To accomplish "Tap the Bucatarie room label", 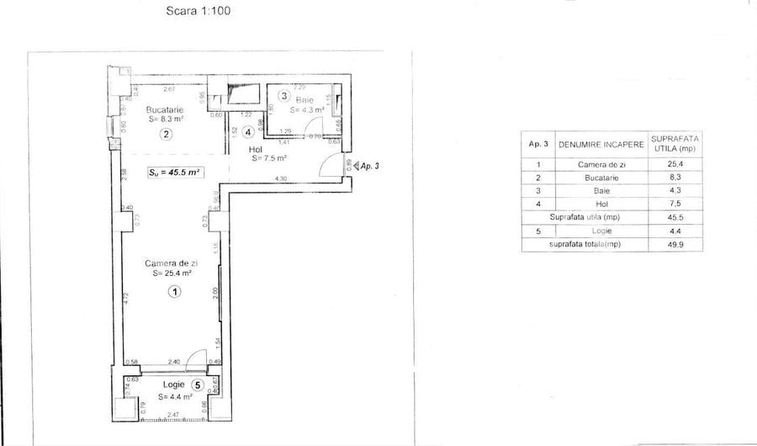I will click(x=164, y=109).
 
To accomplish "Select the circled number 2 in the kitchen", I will click(x=167, y=134).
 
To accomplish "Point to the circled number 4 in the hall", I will click(x=248, y=132).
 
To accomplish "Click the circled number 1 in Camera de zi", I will click(x=174, y=292).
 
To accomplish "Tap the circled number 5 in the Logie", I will click(x=197, y=385).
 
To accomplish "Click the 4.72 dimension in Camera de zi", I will click(x=124, y=297).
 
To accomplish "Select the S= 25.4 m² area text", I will click(x=174, y=273).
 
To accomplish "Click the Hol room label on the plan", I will click(x=256, y=148).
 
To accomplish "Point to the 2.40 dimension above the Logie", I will click(x=174, y=362).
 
